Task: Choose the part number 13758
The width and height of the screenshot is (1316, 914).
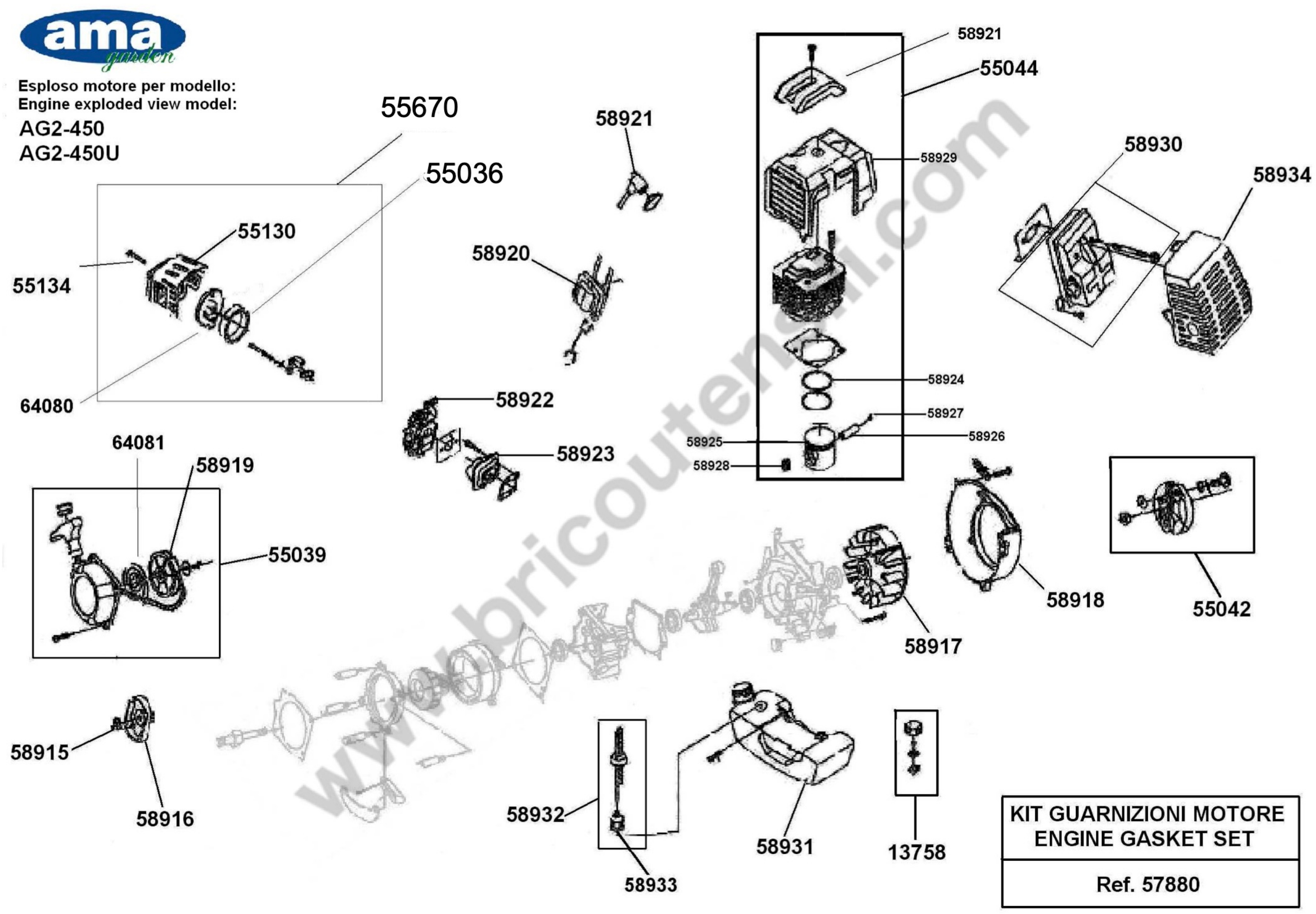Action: pos(916,852)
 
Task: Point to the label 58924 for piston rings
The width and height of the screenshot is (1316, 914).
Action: pos(946,379)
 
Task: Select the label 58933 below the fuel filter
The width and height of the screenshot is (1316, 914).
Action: pos(650,885)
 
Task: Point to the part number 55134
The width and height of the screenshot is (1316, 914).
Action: pos(42,286)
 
